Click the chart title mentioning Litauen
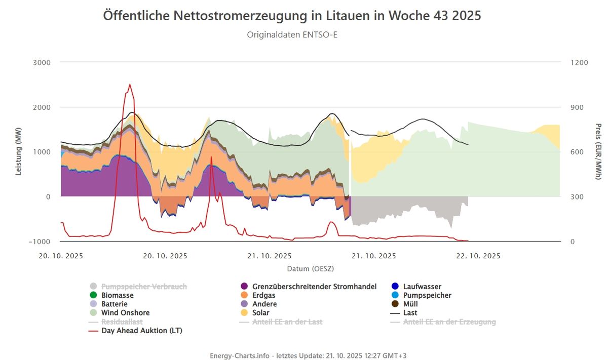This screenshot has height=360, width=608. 292,16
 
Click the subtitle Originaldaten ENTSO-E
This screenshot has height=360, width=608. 292,34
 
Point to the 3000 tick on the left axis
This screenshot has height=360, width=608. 42,62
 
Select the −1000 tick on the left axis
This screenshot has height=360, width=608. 39,242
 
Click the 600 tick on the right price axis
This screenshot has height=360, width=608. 579,152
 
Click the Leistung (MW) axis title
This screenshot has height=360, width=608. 19,152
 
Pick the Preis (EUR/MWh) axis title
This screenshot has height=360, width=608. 598,152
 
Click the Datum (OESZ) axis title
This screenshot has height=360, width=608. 310,268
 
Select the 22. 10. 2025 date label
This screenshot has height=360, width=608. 478,256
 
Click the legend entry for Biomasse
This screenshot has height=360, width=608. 118,295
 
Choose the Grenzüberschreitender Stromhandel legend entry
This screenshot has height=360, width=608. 314,287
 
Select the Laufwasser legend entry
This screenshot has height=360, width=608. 422,287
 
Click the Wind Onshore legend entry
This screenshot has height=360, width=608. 125,312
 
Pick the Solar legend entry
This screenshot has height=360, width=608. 261,312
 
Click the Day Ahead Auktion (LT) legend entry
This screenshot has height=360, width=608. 141,331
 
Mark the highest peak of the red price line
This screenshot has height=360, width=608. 130,85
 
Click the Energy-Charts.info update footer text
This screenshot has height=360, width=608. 308,355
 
